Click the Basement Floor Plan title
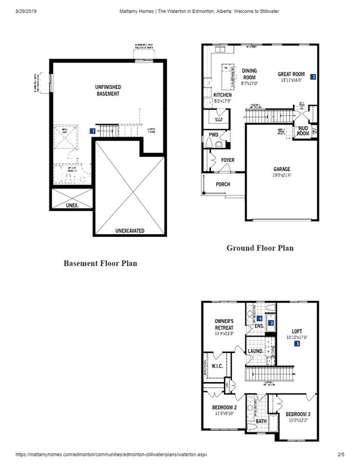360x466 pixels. point(100,263)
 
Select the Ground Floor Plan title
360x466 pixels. point(260,248)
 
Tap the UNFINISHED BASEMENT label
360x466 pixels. point(107,91)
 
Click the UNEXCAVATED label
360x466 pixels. point(130,231)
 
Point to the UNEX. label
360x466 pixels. point(72,205)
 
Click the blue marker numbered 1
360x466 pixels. point(92,131)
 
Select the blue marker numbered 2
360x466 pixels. point(313,77)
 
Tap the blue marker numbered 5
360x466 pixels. point(296,344)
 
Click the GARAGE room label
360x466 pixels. point(282,169)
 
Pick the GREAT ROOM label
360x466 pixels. point(291,74)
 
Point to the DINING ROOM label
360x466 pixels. point(249,74)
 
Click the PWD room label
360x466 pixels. point(213,135)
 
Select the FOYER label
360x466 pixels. point(227,160)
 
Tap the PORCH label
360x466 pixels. point(223,185)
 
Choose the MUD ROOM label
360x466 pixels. point(303,131)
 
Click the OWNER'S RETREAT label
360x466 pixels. point(224,324)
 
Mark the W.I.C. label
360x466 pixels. point(218,365)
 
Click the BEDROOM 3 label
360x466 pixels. point(298,414)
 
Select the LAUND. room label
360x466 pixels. point(256,352)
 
